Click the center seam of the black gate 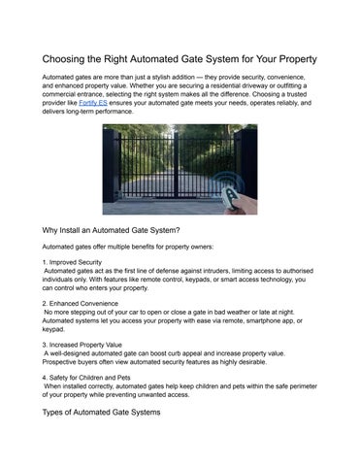180,181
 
